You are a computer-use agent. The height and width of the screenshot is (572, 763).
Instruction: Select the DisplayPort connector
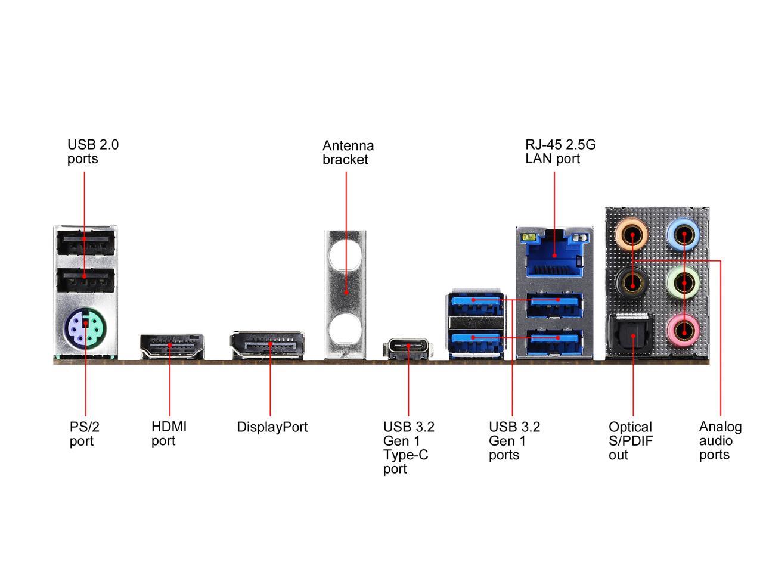[x=268, y=345]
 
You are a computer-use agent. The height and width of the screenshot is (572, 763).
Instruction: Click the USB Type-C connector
[x=408, y=347]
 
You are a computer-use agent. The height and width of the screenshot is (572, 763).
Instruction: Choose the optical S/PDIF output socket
[x=632, y=336]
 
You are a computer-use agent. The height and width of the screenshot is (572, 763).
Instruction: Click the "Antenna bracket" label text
[x=348, y=153]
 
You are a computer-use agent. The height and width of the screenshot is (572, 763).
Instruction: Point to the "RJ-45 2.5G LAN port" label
[x=560, y=151]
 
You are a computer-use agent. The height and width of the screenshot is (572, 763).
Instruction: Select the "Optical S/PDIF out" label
[x=631, y=441]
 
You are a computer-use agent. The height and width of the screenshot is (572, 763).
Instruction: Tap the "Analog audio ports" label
[x=720, y=441]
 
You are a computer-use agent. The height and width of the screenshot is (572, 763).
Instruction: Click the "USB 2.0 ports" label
[x=93, y=151]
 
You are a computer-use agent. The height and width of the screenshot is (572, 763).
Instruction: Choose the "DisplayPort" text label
[x=272, y=427]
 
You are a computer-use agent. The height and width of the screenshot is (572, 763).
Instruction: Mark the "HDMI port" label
[x=169, y=434]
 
